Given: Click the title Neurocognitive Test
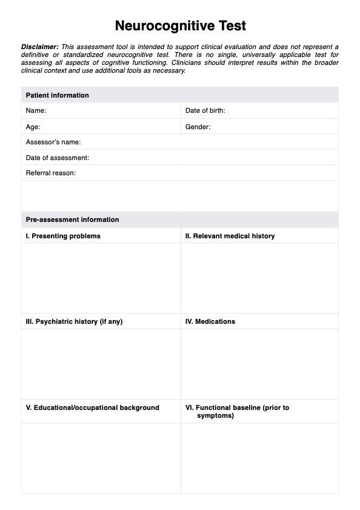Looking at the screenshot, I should (x=180, y=26).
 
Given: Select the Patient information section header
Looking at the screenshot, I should (x=58, y=95).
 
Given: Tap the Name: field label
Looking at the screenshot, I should (x=36, y=111).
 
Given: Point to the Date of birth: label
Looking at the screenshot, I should (x=205, y=111).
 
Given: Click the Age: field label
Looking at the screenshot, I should (x=33, y=127).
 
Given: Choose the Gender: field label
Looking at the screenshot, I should (x=198, y=127).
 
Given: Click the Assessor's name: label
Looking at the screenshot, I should (x=53, y=143).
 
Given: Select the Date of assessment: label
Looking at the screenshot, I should (x=58, y=158).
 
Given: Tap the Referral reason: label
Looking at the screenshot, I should (x=51, y=173).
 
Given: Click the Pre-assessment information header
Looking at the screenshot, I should (x=73, y=220).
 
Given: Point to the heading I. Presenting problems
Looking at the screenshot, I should (x=63, y=236).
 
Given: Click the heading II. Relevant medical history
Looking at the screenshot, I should (x=230, y=236).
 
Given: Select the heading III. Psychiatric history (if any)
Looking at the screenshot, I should (x=74, y=321).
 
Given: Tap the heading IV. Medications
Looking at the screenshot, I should (x=210, y=321).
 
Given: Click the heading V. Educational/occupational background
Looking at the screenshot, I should (x=92, y=408).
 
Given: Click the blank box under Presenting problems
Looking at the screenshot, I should (x=101, y=278).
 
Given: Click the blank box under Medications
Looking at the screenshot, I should (x=259, y=364).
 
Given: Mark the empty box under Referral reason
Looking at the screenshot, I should (x=180, y=195).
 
